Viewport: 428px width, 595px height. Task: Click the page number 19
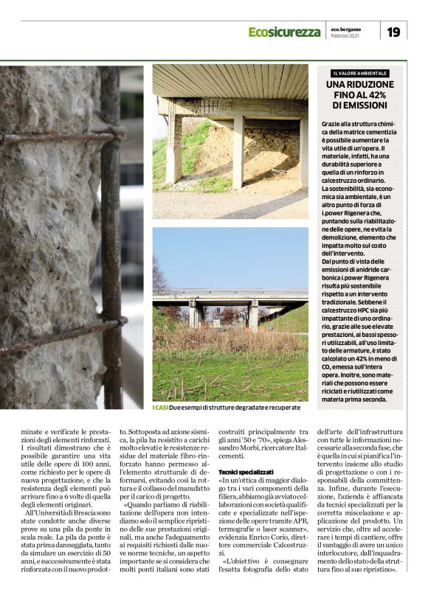(x=393, y=32)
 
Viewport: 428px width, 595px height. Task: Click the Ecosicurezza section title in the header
(x=284, y=32)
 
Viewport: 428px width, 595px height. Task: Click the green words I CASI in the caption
(x=160, y=407)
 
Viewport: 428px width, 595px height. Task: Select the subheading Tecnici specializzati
(x=246, y=471)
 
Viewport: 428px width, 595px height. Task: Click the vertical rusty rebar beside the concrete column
(x=111, y=236)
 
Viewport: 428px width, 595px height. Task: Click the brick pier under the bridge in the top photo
(x=174, y=144)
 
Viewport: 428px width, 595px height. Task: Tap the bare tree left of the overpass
(x=159, y=276)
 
